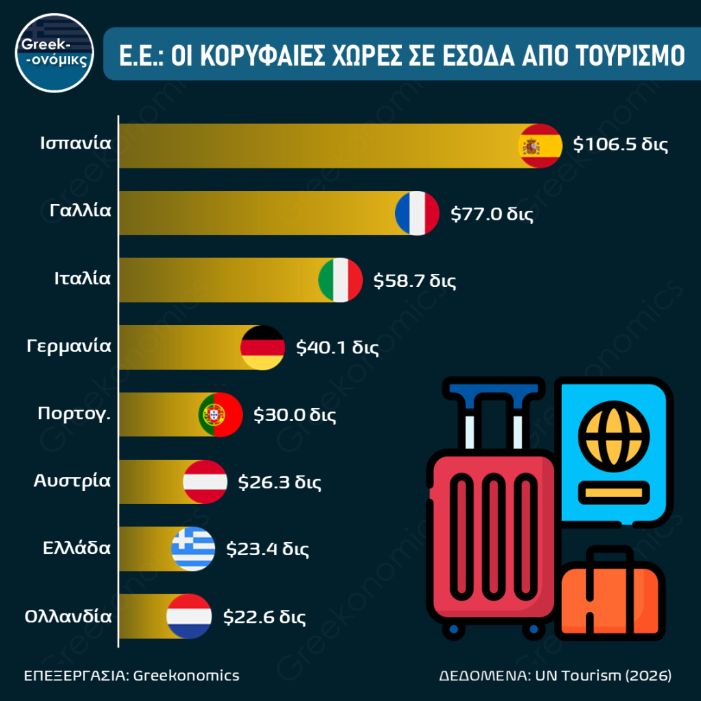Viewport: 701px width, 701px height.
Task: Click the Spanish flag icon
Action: (540, 146)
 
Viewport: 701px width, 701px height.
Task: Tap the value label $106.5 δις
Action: (620, 146)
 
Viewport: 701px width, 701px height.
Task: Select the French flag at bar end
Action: (417, 213)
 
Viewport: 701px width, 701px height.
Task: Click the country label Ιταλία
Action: (82, 279)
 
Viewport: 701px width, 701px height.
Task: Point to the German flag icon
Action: (263, 347)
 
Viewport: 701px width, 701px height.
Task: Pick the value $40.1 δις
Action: (337, 347)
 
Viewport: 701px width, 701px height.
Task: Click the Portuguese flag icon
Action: (220, 414)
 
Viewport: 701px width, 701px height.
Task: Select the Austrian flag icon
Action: (205, 481)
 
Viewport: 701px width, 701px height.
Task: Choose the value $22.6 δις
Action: (264, 615)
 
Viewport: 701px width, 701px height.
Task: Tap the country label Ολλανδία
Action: (68, 615)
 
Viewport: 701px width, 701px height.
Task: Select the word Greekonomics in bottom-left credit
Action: (186, 676)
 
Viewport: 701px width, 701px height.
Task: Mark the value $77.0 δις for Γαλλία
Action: (492, 213)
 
